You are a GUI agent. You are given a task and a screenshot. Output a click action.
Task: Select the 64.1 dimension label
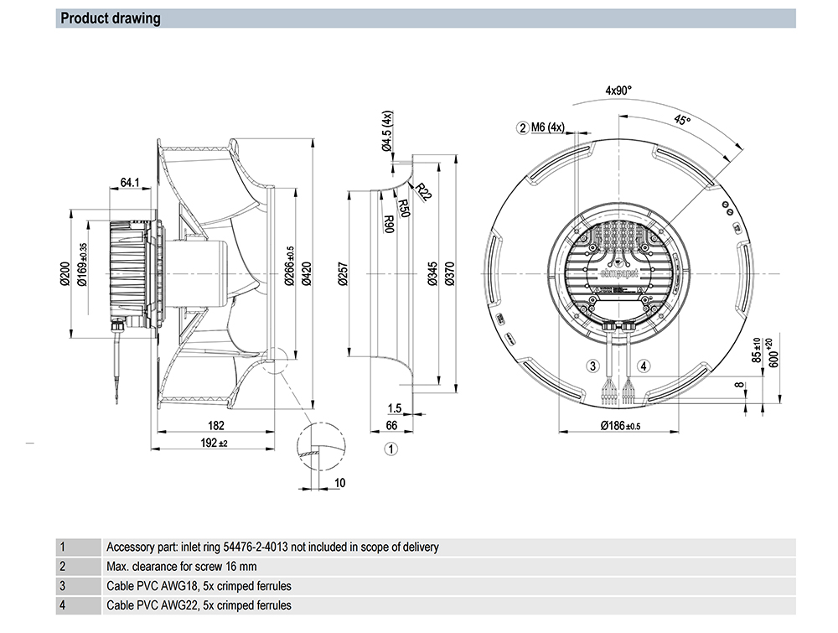pos(130,182)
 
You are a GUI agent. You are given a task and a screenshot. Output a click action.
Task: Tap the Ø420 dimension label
pos(306,273)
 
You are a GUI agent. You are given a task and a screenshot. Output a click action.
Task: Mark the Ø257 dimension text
pos(341,274)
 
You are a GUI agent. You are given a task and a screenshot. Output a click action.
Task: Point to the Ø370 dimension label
pos(449,274)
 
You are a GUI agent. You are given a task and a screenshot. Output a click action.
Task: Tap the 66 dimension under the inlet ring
pos(391,426)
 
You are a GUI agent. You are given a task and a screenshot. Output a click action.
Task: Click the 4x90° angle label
pos(618,90)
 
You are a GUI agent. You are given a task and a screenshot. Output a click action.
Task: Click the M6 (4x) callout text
pos(551,127)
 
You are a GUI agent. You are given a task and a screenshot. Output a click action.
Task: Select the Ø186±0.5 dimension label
pos(620,426)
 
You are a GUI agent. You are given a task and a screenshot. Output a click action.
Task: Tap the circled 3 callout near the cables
pos(592,366)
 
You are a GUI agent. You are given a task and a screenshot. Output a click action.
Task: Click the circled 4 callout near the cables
pos(644,366)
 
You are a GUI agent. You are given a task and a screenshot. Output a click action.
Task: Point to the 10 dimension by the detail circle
pos(339,482)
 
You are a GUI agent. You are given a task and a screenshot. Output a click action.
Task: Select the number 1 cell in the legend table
pos(62,547)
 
